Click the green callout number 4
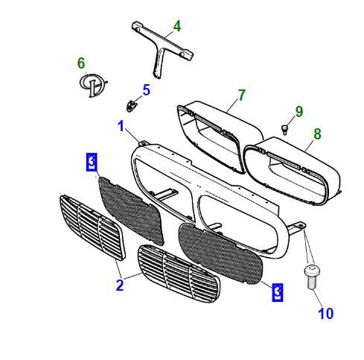tap(177, 26)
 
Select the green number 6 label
tap(81, 63)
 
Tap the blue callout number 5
tap(146, 90)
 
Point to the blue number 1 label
tap(121, 126)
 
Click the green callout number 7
tap(241, 95)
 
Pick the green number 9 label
tap(299, 112)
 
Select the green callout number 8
tap(317, 134)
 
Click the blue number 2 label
tap(120, 285)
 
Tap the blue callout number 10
tap(326, 314)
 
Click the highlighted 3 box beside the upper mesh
tap(92, 162)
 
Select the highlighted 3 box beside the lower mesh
tap(278, 292)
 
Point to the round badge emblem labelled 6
tap(93, 85)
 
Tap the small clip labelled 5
tap(131, 105)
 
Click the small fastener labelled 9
tap(284, 130)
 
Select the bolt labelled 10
tap(311, 277)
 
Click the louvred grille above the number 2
tap(92, 227)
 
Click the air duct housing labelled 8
tap(293, 171)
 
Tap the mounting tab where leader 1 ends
tap(143, 144)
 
